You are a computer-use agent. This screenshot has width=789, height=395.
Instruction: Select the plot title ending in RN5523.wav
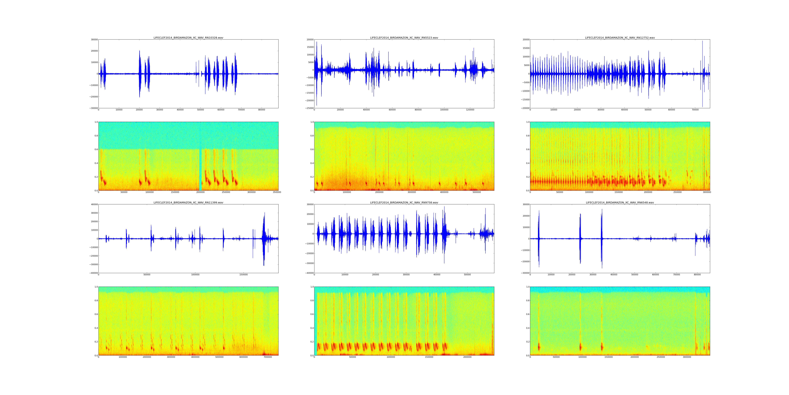click(404, 38)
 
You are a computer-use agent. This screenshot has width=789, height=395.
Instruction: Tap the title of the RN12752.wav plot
click(620, 38)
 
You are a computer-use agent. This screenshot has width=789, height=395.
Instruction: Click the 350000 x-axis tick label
click(277, 192)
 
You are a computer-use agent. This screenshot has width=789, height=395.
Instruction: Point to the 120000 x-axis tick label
click(470, 110)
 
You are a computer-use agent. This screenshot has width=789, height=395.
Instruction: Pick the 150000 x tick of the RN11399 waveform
click(244, 275)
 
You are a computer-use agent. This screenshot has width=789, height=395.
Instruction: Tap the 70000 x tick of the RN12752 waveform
click(695, 110)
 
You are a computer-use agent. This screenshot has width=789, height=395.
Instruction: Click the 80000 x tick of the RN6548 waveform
click(697, 275)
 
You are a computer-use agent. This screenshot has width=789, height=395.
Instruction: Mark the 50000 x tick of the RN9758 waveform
click(467, 275)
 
